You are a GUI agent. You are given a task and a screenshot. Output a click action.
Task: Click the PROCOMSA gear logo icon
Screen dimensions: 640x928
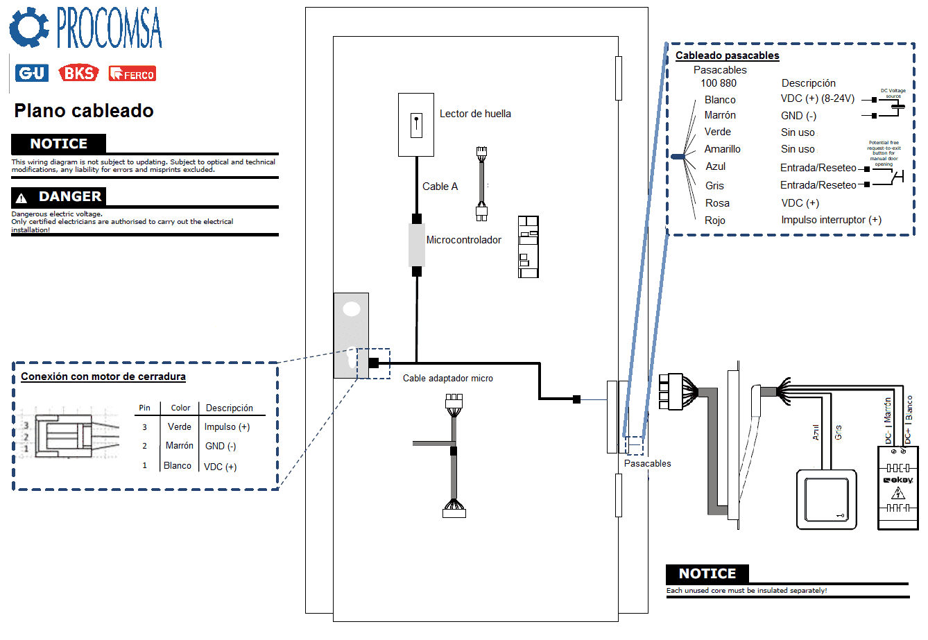(x=28, y=27)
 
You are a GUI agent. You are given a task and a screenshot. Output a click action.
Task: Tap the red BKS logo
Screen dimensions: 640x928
(x=78, y=73)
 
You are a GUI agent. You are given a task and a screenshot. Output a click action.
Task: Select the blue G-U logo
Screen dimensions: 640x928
(x=32, y=73)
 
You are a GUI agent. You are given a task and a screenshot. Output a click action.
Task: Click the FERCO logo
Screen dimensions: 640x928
(x=132, y=73)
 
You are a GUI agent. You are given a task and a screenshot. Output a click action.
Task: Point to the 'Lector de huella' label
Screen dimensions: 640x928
(x=475, y=114)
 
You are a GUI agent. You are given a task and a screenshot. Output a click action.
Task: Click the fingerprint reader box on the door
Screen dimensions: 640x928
(x=416, y=125)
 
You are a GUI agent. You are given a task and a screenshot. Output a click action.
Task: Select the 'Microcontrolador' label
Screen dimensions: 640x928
(x=463, y=240)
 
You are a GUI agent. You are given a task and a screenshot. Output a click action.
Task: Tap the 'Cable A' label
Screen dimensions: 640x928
(x=440, y=187)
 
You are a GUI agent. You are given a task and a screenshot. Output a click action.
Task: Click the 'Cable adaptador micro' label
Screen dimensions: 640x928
(x=448, y=379)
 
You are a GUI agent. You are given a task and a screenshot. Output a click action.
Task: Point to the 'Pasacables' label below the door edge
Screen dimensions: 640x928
(x=647, y=464)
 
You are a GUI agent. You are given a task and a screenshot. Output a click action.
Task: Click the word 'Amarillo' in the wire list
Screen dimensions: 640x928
(x=722, y=149)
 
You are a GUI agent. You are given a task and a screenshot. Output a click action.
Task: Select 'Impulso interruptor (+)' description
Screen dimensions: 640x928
(x=831, y=220)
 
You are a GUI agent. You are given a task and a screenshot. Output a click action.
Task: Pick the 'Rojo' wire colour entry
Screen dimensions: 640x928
(x=714, y=220)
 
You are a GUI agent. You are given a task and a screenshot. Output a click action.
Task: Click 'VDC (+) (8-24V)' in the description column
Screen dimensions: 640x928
(x=817, y=98)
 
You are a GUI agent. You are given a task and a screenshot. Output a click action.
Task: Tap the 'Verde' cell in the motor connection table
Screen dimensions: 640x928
(x=180, y=427)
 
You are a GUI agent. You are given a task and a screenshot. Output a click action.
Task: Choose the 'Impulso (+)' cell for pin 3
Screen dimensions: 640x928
(x=227, y=427)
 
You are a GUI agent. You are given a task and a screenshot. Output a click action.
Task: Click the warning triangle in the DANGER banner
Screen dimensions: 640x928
(x=22, y=198)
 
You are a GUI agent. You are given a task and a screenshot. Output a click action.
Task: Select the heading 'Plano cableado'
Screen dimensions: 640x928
(x=84, y=111)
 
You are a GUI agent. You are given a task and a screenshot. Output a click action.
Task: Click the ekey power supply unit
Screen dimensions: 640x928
(x=898, y=488)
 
